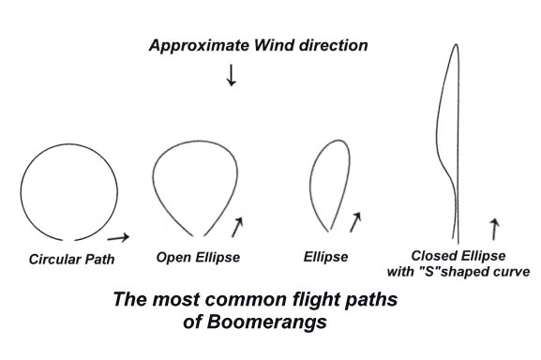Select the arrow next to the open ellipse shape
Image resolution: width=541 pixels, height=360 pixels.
tap(238, 226)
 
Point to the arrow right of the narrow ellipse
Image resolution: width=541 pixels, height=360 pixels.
tap(355, 222)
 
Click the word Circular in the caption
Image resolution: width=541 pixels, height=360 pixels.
tap(53, 260)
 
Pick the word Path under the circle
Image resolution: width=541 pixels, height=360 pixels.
tap(99, 260)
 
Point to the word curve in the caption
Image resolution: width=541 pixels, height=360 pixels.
tap(510, 272)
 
